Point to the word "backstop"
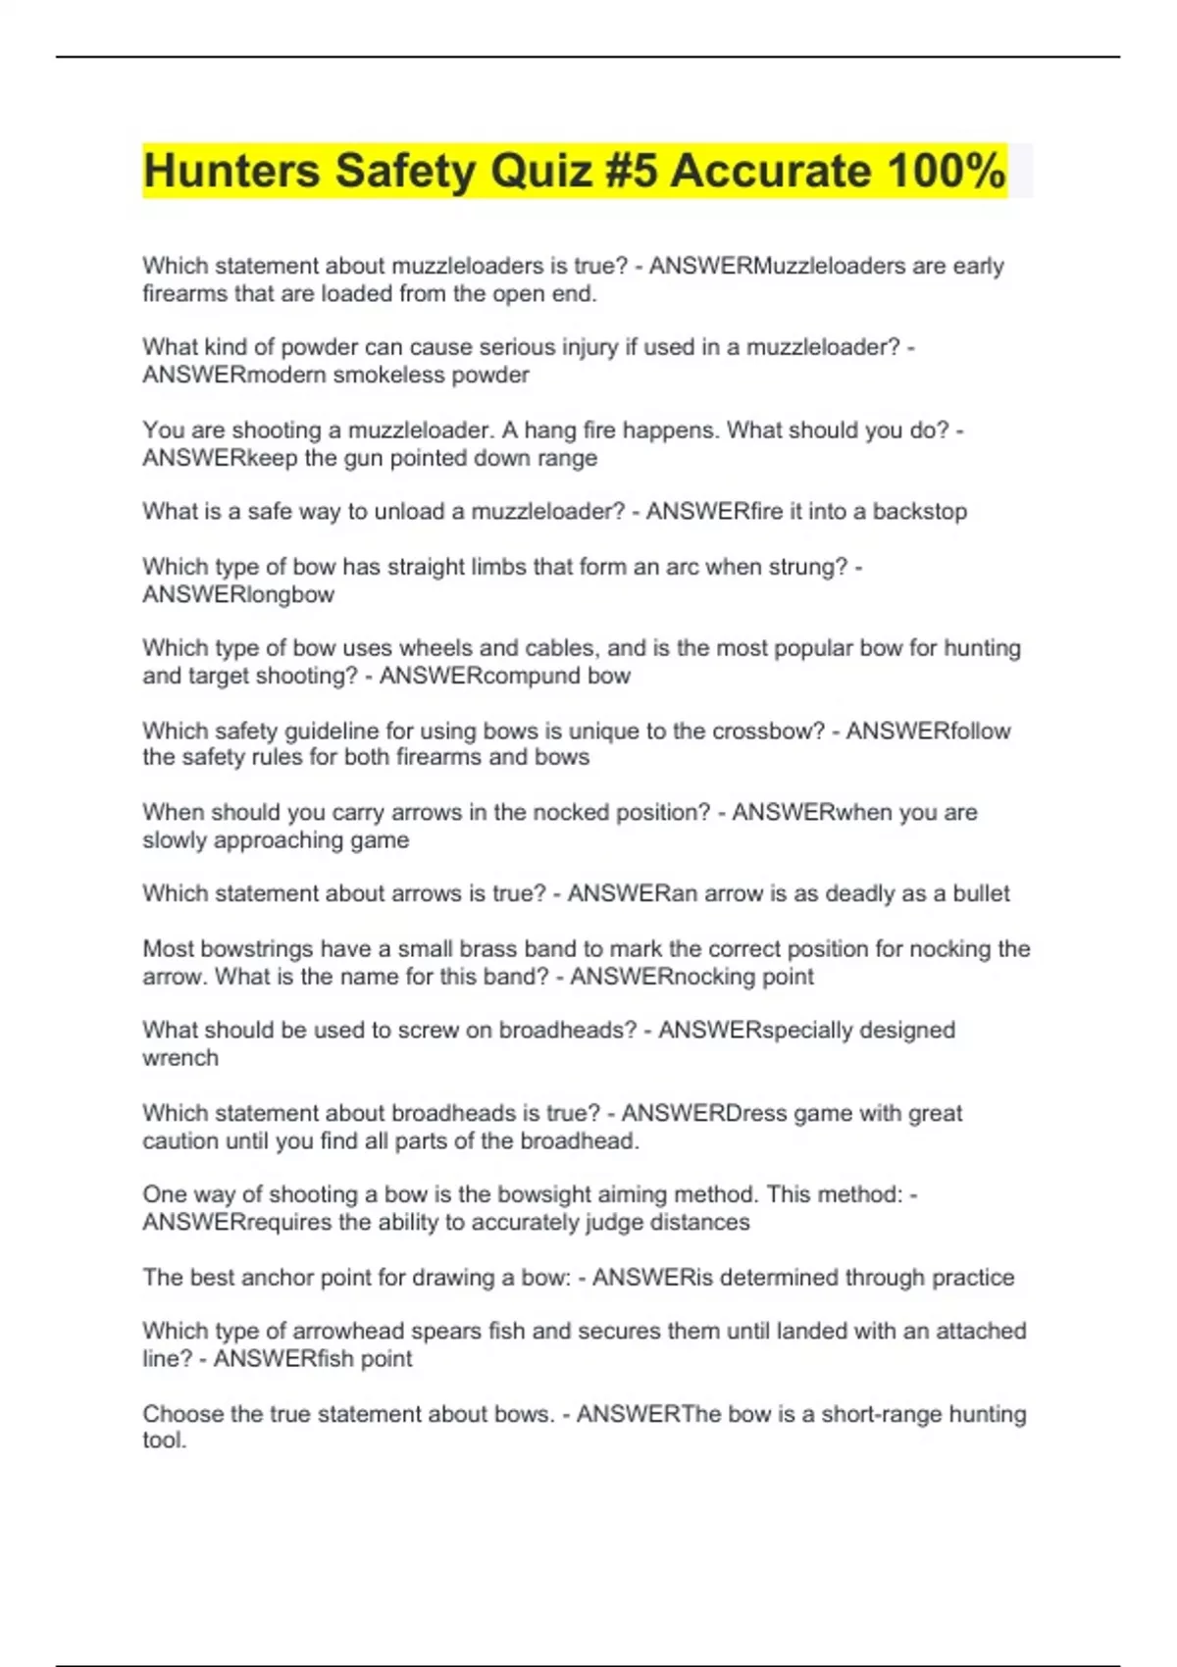point(920,511)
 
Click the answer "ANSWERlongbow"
point(238,594)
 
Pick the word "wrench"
point(180,1058)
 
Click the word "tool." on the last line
point(164,1440)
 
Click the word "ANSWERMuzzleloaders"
point(777,266)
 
